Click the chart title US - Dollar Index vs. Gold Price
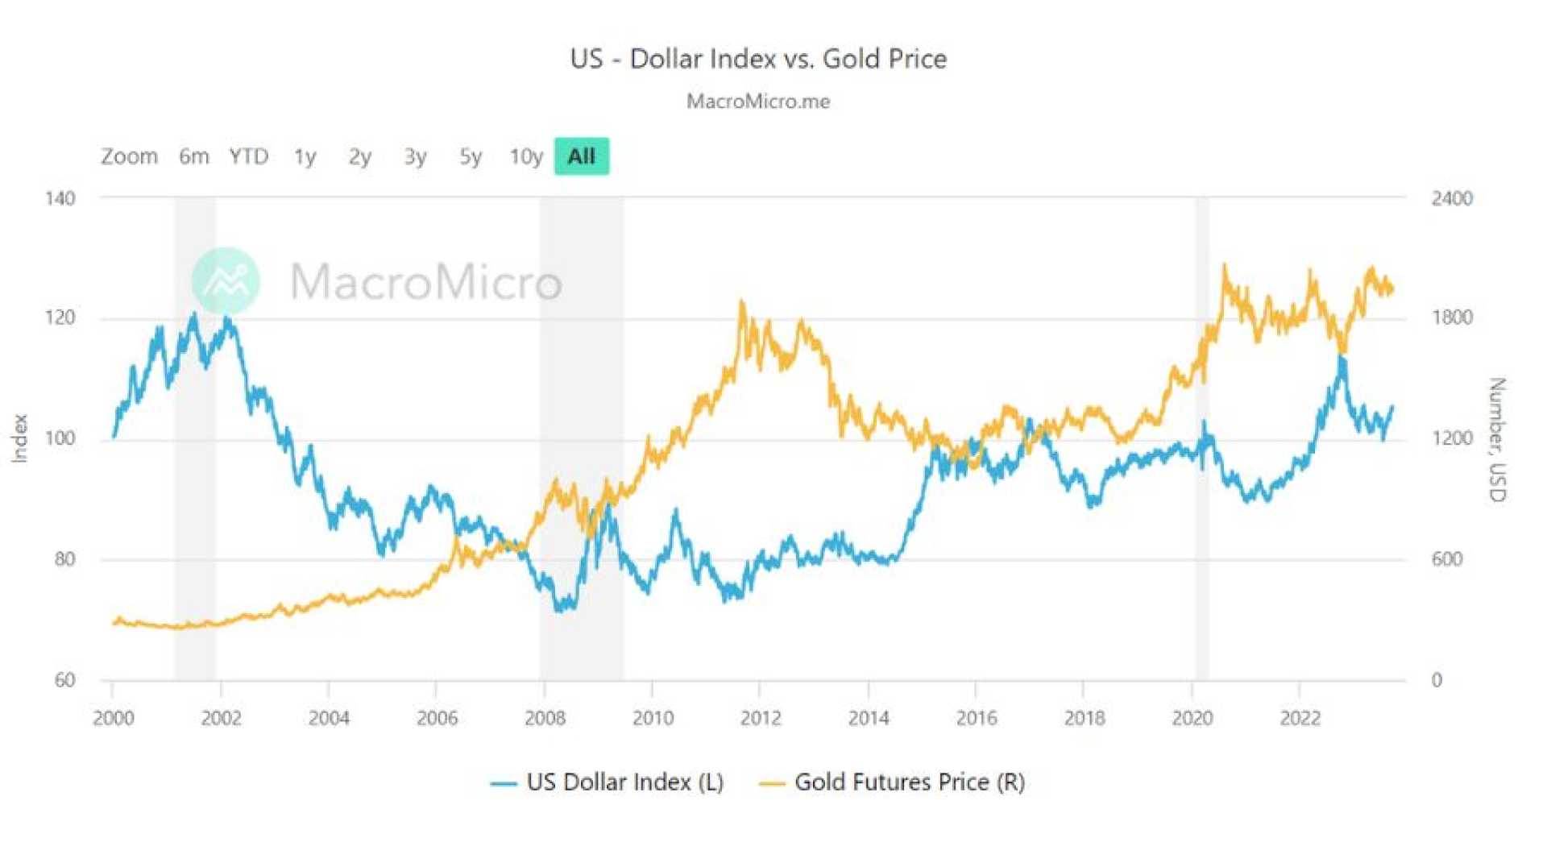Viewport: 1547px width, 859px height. pos(758,59)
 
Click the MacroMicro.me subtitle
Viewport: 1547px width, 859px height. pos(758,102)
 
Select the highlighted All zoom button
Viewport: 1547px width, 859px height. pos(581,156)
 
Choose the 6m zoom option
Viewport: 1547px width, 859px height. pos(193,156)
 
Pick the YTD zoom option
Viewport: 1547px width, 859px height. pos(248,156)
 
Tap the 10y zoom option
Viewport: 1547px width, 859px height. pos(525,156)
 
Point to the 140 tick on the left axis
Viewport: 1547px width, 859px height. pos(60,198)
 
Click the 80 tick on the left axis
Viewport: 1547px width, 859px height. pos(65,559)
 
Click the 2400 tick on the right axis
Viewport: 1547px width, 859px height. pos(1451,198)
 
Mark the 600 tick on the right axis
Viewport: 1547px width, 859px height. pos(1447,559)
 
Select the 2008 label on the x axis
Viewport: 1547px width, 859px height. pos(545,718)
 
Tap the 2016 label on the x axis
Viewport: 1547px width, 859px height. pos(977,718)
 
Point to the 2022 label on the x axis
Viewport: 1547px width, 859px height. pos(1300,718)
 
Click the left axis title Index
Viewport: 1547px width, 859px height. pos(19,438)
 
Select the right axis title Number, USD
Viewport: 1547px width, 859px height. pos(1496,439)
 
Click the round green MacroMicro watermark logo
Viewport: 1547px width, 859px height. pos(226,280)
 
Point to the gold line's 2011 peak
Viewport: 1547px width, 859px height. pos(741,303)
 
